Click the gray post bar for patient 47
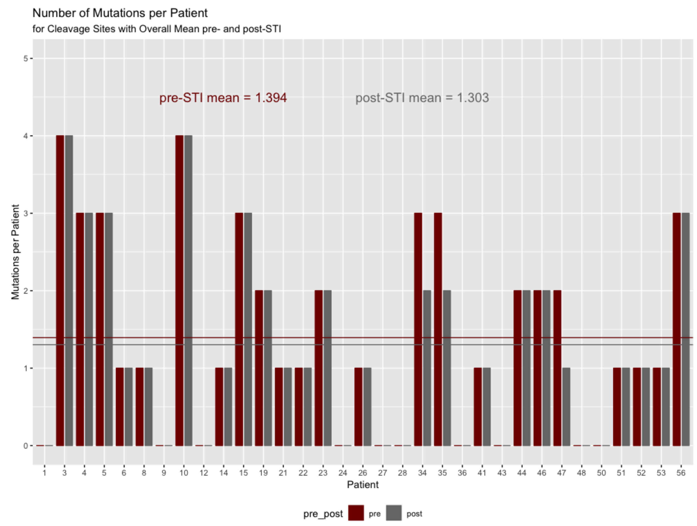[x=566, y=406]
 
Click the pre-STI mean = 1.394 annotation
[x=223, y=98]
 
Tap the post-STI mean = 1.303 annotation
[x=422, y=98]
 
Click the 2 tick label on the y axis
[x=25, y=291]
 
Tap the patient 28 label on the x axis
[x=402, y=473]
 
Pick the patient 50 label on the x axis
[x=601, y=473]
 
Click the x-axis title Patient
[x=363, y=485]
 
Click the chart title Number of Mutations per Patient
[x=120, y=13]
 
